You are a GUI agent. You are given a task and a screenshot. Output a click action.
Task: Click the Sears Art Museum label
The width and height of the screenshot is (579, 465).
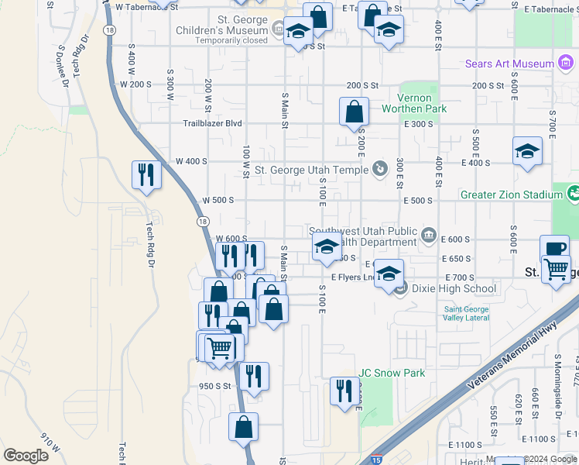tap(509, 64)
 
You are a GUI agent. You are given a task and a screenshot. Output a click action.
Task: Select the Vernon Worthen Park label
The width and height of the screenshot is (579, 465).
tap(414, 103)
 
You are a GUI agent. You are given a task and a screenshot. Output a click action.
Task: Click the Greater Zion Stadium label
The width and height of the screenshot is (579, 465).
tap(511, 195)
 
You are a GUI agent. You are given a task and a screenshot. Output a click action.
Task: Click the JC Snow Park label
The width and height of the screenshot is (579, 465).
tap(391, 373)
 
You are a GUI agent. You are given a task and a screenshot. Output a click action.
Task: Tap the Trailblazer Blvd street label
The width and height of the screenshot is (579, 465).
tap(212, 123)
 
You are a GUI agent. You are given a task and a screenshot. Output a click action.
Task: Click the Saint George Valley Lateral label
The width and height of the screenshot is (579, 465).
tap(467, 314)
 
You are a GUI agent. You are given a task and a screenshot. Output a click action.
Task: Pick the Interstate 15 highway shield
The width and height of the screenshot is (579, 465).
tap(376, 460)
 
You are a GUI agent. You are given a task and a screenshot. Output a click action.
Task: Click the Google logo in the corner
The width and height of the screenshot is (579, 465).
tap(26, 455)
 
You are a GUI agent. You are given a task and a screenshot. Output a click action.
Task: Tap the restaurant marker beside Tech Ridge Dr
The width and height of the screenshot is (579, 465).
tap(146, 175)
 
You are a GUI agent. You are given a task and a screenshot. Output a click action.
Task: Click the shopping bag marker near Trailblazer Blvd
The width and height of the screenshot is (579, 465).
tap(354, 111)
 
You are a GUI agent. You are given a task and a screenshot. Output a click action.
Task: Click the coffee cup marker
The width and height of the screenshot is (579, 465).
tap(554, 249)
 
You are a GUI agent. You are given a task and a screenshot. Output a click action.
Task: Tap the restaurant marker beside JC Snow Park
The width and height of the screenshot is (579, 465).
tap(344, 390)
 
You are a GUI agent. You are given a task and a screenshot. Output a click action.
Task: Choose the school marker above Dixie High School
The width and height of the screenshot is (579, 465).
tap(389, 273)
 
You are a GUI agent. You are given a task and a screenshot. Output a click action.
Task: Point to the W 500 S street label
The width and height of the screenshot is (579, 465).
tap(218, 200)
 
